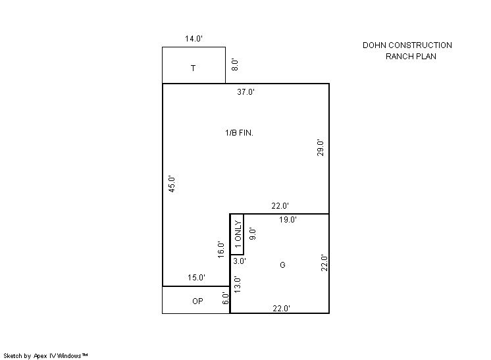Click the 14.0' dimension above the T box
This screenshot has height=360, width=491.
click(194, 39)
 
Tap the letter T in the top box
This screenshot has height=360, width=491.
click(194, 68)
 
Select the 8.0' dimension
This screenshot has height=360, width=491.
click(235, 64)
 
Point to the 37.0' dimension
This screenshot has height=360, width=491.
click(245, 91)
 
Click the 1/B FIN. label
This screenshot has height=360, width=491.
click(239, 133)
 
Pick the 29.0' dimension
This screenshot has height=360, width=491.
click(321, 148)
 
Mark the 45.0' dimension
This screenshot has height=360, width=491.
click(172, 184)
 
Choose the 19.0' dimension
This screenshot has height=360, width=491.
click(288, 219)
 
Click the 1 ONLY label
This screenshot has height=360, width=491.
click(238, 234)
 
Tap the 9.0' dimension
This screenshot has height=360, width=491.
click(252, 234)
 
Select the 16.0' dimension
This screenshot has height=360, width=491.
click(221, 250)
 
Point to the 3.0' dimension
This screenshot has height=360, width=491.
click(240, 261)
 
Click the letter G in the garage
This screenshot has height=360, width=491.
click(282, 265)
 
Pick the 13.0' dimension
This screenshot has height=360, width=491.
click(238, 284)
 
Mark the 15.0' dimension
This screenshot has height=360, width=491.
click(196, 277)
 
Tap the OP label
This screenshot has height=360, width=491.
click(197, 301)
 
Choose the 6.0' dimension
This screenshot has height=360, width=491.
click(226, 298)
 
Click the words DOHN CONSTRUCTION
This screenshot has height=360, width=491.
click(407, 45)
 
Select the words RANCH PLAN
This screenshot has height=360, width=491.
click(411, 57)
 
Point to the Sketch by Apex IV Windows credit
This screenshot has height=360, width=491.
click(45, 355)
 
